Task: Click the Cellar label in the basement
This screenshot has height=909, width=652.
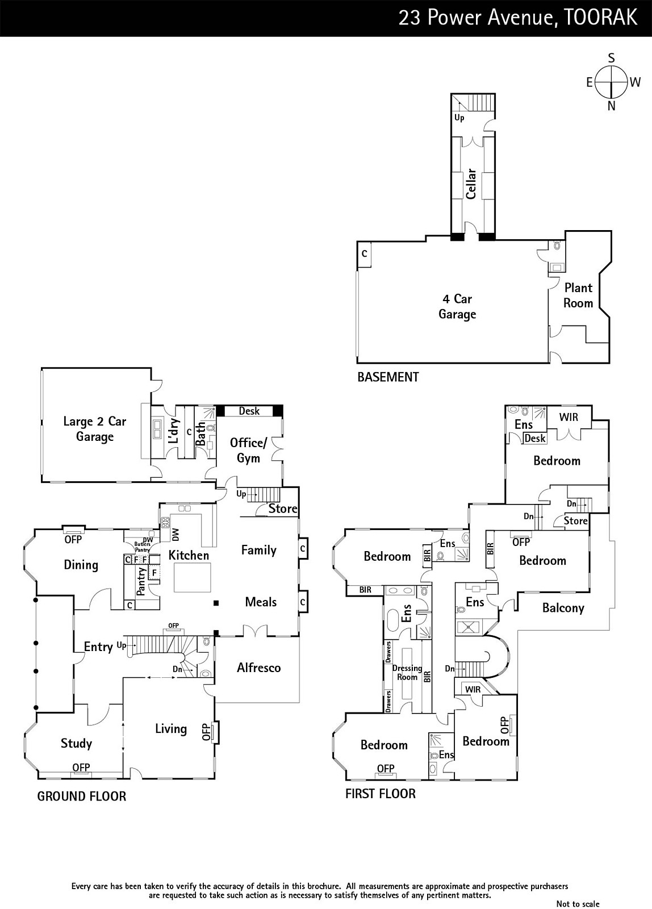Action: [x=471, y=184]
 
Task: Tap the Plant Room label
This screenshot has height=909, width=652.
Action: [x=578, y=295]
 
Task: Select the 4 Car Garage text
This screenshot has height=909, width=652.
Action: [x=457, y=306]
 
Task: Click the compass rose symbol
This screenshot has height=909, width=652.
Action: [x=611, y=82]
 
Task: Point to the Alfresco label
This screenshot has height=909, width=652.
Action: [x=259, y=668]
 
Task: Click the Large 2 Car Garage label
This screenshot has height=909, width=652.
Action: [x=94, y=429]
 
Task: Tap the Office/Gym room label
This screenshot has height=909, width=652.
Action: [x=248, y=451]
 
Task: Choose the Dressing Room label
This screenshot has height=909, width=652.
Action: [x=407, y=673]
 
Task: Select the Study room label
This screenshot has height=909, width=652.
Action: [x=76, y=744]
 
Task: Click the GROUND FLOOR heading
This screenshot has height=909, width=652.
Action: [x=82, y=796]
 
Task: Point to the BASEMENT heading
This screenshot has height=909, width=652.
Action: [x=388, y=377]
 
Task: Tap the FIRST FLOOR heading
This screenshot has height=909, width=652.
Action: [x=381, y=793]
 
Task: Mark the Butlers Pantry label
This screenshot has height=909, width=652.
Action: [x=143, y=547]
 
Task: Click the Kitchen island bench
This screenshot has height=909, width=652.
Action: [x=193, y=577]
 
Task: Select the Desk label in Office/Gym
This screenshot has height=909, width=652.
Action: [x=249, y=411]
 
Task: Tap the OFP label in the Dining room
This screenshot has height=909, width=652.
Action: [x=73, y=539]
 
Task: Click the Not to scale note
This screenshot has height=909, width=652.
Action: [x=578, y=903]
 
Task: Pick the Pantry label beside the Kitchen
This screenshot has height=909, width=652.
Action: [x=141, y=581]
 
